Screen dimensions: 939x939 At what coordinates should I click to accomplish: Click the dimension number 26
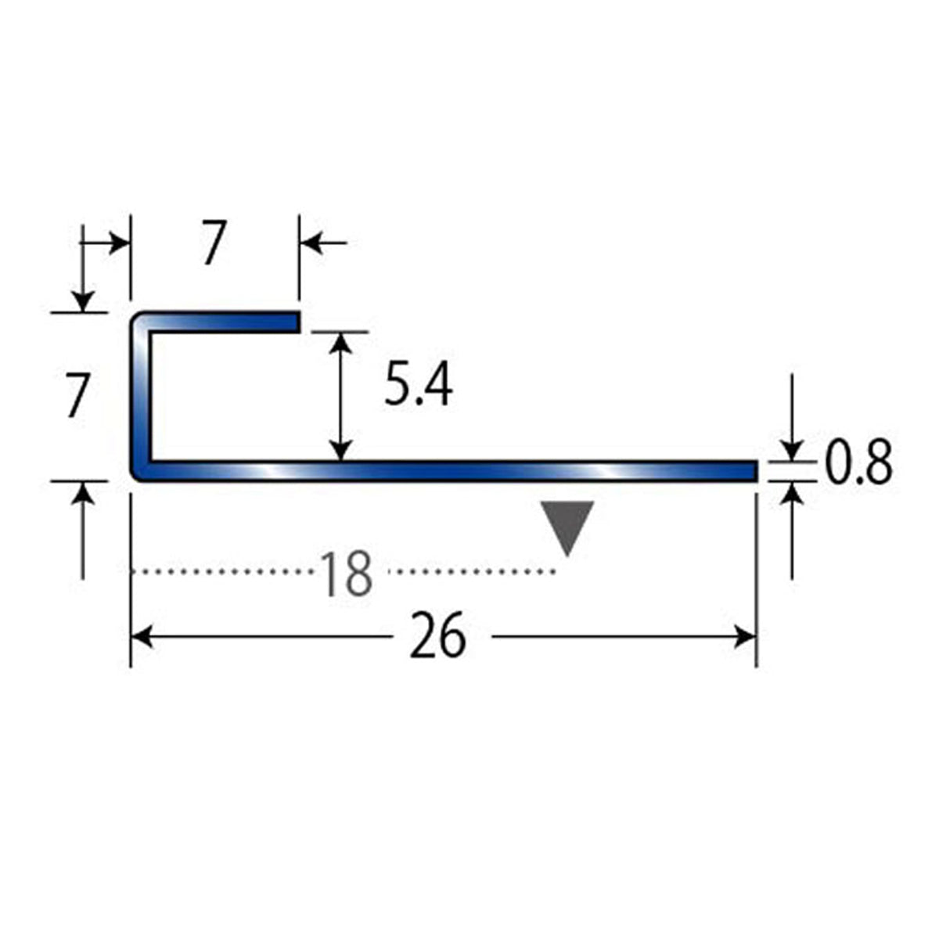tap(437, 636)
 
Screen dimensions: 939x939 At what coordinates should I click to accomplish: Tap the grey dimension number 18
tap(347, 574)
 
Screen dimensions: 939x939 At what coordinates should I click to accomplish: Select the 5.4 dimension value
tap(419, 386)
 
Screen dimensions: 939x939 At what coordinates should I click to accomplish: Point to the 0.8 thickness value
tap(858, 462)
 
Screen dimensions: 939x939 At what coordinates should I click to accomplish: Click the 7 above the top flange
tap(215, 242)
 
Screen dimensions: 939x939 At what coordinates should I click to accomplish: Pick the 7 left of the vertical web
tap(78, 395)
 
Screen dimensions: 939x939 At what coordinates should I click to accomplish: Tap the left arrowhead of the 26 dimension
tap(142, 638)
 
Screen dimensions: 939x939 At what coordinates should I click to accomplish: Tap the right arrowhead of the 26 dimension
tap(745, 638)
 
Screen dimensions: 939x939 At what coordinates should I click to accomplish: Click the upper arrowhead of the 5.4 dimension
tap(340, 343)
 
